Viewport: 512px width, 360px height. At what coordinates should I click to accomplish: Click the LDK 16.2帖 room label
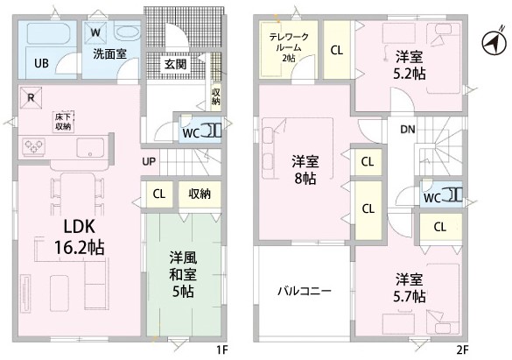point(80,236)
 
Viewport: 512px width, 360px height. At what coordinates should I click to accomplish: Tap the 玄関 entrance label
point(176,64)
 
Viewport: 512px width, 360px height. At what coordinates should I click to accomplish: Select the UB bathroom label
point(41,63)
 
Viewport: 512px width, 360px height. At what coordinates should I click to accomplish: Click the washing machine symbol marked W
point(95,32)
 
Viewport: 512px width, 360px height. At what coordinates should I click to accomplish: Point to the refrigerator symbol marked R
point(31,97)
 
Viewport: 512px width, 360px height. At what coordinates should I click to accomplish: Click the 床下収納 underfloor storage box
point(63,122)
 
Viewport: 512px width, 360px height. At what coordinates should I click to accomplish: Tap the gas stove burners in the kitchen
point(33,146)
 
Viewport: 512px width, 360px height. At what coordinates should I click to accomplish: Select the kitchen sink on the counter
point(90,147)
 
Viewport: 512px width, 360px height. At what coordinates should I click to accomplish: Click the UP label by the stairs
point(149,161)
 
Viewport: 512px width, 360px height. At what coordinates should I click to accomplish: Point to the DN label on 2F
point(408,130)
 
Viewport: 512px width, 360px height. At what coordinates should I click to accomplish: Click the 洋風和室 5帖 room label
point(183,275)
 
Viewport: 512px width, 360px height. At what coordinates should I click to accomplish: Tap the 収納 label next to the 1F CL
point(200,194)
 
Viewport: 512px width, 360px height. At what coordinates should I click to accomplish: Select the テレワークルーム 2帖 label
point(290,47)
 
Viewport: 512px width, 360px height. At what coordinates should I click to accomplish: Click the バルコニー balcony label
point(305,291)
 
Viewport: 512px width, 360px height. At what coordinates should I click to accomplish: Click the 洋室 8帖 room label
point(305,170)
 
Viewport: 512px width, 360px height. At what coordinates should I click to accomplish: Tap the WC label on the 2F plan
point(432,198)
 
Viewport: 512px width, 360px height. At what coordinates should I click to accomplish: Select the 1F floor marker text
point(222,350)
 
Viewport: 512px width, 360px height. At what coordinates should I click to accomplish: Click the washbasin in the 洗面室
point(128,32)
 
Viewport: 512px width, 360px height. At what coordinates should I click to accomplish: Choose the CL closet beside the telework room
point(337,50)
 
